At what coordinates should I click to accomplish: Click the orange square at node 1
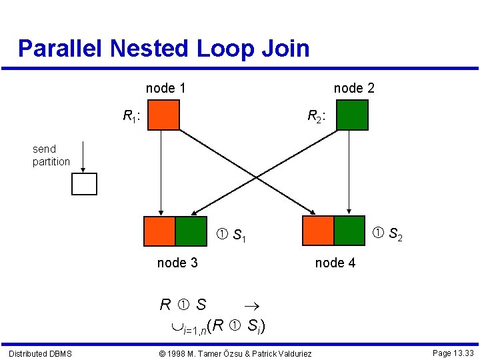164,114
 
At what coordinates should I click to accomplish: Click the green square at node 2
353,114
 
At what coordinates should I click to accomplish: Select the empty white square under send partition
85,184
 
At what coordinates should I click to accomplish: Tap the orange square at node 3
160,231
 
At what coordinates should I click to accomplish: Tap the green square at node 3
191,231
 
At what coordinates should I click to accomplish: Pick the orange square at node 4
318,231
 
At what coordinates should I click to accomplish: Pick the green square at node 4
349,231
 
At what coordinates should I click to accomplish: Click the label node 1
166,88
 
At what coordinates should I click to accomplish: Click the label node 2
354,88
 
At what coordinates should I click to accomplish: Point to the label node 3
177,263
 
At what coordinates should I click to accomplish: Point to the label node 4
335,263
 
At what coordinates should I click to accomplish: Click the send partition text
51,155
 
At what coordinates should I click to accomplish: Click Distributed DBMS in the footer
40,353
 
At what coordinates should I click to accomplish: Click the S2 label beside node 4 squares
387,234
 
